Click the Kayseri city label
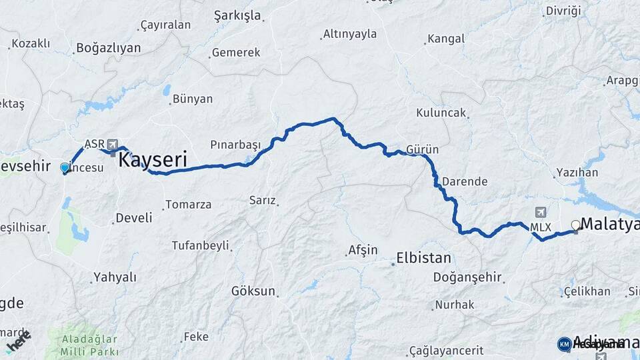[152, 160]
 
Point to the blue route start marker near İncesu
[65, 168]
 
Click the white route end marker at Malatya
[575, 225]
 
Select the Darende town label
[465, 181]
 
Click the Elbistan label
[423, 257]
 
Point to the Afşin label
[363, 251]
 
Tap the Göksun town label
[253, 291]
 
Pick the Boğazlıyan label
[109, 48]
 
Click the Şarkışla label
[237, 15]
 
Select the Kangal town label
[445, 39]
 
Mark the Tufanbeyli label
[200, 245]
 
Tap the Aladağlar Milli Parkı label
[89, 345]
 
